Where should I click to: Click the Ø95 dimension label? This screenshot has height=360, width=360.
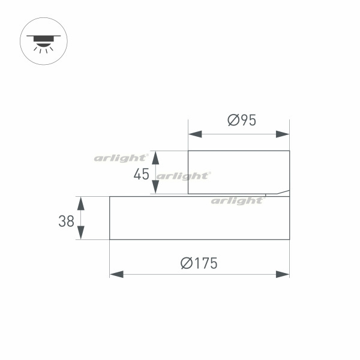242,120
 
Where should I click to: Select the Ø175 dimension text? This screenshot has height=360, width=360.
199,263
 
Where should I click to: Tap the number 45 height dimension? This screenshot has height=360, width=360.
142,174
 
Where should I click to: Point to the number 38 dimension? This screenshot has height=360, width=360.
67,221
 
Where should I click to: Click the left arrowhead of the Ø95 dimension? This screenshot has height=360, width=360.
195,134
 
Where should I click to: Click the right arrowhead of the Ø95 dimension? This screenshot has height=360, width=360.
283,134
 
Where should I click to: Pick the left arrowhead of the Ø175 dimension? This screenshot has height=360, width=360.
116,274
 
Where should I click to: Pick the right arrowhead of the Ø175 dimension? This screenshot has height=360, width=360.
283,274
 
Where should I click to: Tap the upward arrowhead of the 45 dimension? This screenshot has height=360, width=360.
155,158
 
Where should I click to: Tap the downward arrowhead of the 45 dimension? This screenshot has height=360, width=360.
155,187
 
